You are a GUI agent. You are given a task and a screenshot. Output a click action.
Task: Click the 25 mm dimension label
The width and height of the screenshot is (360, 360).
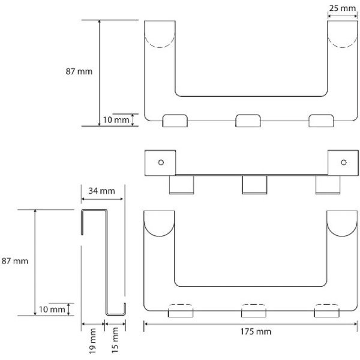(343, 8)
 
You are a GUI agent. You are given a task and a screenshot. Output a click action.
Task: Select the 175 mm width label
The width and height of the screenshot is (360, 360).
(256, 332)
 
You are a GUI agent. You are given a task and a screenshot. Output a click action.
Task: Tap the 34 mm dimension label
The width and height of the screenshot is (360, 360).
(102, 191)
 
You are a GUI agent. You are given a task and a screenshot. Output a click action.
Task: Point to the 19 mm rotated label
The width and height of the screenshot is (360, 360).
(92, 341)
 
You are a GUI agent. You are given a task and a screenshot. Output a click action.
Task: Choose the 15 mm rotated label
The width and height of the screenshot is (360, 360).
(115, 340)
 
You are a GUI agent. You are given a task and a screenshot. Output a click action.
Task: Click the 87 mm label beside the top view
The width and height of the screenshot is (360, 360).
(79, 71)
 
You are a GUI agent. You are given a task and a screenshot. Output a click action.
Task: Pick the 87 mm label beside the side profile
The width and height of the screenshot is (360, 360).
(14, 261)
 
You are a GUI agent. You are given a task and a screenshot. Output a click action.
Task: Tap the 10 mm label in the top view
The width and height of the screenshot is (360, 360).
(116, 120)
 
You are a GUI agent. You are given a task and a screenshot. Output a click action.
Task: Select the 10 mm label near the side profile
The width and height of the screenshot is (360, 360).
(52, 310)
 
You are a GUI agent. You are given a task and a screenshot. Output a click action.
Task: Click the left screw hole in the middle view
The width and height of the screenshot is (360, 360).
(161, 163)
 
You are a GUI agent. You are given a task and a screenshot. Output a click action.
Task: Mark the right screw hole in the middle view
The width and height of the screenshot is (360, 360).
(344, 163)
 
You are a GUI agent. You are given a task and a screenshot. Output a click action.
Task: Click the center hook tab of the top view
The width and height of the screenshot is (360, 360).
(248, 121)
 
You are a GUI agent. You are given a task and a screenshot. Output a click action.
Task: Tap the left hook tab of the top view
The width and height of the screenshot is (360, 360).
(175, 121)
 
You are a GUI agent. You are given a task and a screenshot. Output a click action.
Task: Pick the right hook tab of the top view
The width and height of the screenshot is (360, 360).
(321, 121)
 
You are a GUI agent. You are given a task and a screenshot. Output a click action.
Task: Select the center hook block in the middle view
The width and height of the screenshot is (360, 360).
(254, 185)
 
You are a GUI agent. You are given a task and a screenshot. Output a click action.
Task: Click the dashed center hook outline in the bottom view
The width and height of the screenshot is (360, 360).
(254, 307)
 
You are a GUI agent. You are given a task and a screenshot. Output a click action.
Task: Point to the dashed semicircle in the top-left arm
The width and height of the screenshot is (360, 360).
(160, 41)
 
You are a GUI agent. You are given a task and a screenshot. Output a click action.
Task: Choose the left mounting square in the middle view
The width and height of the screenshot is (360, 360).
(160, 163)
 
